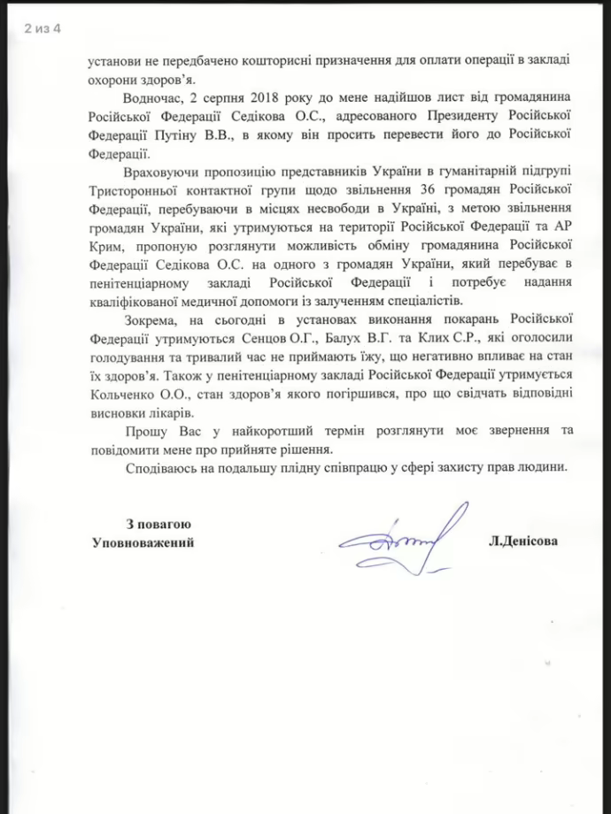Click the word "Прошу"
click(146, 430)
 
